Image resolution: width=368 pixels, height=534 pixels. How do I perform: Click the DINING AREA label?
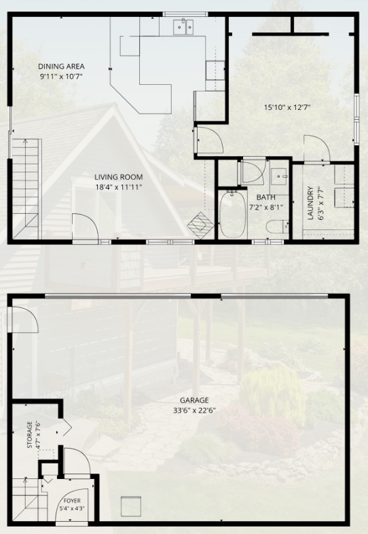click(61, 66)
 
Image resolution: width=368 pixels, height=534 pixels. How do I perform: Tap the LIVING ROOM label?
click(118, 177)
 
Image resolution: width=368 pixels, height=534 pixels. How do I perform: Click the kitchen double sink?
click(183, 27)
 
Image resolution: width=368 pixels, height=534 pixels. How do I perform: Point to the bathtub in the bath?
click(233, 214)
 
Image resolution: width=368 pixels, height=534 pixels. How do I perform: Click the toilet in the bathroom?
click(278, 227)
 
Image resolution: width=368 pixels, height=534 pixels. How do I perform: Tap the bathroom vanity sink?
click(280, 176)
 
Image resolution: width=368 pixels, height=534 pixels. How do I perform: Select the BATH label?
click(265, 197)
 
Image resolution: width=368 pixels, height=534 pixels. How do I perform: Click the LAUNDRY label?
click(310, 204)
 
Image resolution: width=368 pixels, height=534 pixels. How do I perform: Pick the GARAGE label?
click(194, 400)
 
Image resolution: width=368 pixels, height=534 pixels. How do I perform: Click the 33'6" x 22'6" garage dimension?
click(194, 411)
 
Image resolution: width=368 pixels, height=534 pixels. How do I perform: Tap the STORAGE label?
click(30, 435)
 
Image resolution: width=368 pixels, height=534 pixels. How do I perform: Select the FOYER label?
click(72, 501)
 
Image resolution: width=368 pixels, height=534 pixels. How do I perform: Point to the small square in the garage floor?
click(131, 506)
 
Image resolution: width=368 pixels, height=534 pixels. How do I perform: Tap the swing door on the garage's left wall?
click(24, 320)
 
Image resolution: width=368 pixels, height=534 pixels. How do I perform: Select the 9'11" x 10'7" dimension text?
click(61, 76)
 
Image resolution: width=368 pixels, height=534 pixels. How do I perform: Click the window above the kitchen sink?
click(185, 14)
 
